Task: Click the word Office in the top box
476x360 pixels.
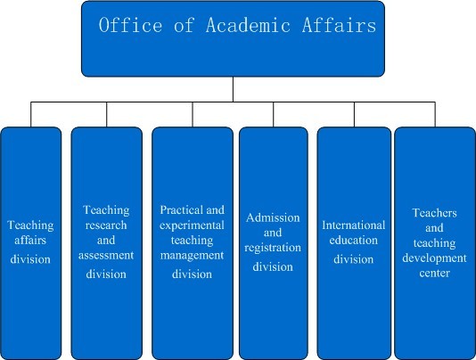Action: click(x=130, y=25)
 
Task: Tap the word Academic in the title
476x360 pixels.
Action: click(x=248, y=25)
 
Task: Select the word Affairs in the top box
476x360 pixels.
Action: click(x=339, y=25)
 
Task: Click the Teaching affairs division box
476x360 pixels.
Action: click(x=30, y=243)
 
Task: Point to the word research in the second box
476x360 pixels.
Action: click(x=106, y=225)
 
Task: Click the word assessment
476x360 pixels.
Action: click(x=106, y=255)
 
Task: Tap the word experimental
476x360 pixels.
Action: click(x=192, y=225)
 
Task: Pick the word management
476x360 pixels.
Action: click(x=192, y=256)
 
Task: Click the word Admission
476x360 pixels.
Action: click(x=273, y=217)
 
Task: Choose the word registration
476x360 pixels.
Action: click(x=273, y=248)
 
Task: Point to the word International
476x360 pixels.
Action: click(x=354, y=225)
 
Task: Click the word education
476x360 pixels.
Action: click(x=354, y=241)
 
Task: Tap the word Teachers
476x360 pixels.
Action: click(x=434, y=213)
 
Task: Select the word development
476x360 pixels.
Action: click(x=434, y=258)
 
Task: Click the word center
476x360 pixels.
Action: click(x=434, y=274)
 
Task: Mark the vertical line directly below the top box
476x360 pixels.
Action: click(x=233, y=89)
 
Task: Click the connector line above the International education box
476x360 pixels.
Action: click(x=354, y=114)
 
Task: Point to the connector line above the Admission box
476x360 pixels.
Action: click(x=274, y=114)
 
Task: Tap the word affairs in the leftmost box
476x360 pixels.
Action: click(x=30, y=241)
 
